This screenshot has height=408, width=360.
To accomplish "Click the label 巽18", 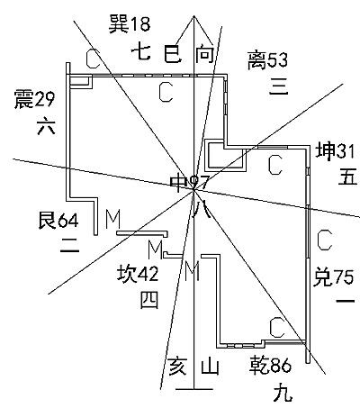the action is pyautogui.click(x=130, y=24).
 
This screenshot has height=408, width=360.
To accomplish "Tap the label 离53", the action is pyautogui.click(x=267, y=60).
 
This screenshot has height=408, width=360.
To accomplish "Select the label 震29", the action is pyautogui.click(x=35, y=99).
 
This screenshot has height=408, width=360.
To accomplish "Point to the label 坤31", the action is pyautogui.click(x=335, y=151).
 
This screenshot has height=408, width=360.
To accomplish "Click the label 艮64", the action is pyautogui.click(x=58, y=221).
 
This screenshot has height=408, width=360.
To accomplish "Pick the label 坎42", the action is pyautogui.click(x=138, y=274).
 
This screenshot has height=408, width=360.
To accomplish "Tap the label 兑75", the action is pyautogui.click(x=333, y=277).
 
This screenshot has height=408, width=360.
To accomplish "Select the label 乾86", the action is pyautogui.click(x=270, y=365).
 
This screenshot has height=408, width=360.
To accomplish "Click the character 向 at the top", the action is pyautogui.click(x=205, y=55).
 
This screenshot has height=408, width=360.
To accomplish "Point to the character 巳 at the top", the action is pyautogui.click(x=173, y=54).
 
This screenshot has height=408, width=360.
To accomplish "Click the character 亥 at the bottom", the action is pyautogui.click(x=177, y=366).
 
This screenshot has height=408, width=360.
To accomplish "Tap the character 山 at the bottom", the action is pyautogui.click(x=210, y=367).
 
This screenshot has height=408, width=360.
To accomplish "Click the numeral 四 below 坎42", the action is pyautogui.click(x=149, y=300).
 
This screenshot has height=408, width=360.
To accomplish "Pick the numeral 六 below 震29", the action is pyautogui.click(x=46, y=126).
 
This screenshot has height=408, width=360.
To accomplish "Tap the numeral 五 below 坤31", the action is pyautogui.click(x=347, y=177).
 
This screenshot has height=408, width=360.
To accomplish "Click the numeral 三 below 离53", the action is pyautogui.click(x=278, y=86).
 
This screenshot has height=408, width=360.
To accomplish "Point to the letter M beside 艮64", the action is pyautogui.click(x=112, y=220).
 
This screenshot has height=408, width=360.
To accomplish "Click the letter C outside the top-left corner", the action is pyautogui.click(x=93, y=59).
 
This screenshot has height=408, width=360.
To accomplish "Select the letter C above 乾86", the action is pyautogui.click(x=276, y=328).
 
